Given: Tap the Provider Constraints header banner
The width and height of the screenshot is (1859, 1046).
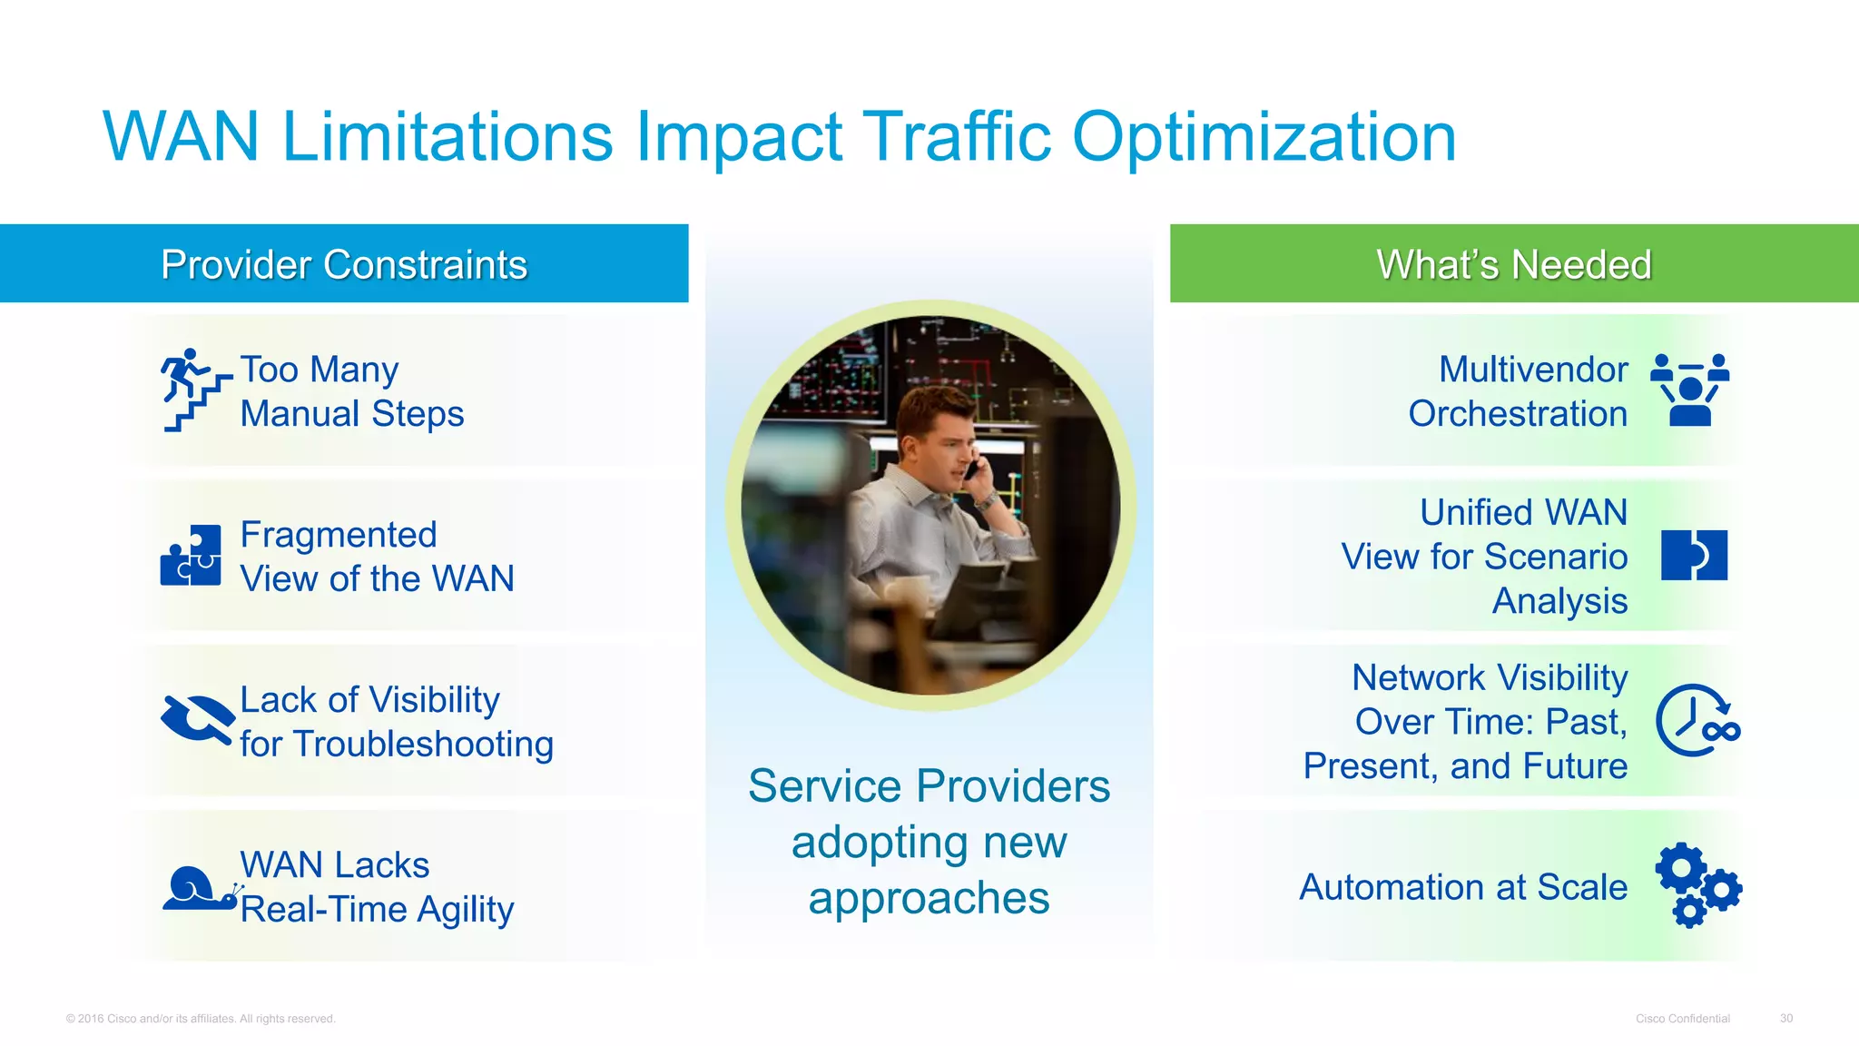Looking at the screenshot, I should tap(344, 264).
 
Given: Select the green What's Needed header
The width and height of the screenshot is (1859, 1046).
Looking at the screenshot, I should tap(1513, 264).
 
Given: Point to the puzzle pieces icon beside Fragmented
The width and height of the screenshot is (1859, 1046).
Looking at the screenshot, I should tap(192, 555).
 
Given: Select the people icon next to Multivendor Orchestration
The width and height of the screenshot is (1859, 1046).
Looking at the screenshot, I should tap(1689, 390).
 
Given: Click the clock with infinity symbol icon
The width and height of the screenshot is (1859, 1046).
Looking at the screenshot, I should tap(1697, 721).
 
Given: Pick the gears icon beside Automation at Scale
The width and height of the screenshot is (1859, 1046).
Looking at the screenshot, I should tap(1697, 885).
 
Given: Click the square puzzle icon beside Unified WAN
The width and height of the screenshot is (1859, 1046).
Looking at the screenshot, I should tap(1694, 555).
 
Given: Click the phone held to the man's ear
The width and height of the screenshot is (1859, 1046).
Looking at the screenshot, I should tap(972, 469).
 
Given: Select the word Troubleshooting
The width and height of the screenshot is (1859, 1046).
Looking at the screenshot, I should tap(423, 745).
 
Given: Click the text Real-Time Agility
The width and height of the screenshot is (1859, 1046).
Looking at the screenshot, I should tap(377, 910).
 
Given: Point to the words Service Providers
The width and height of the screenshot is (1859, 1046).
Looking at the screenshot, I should tap(929, 786).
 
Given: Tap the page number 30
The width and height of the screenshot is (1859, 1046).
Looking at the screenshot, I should tap(1785, 1019).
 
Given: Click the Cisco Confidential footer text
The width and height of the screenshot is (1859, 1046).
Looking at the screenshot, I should tap(1682, 1019).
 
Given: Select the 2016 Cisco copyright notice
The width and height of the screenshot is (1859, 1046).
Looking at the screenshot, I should tap(201, 1019).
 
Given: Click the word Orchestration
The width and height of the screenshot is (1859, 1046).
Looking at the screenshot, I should tap(1517, 414).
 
